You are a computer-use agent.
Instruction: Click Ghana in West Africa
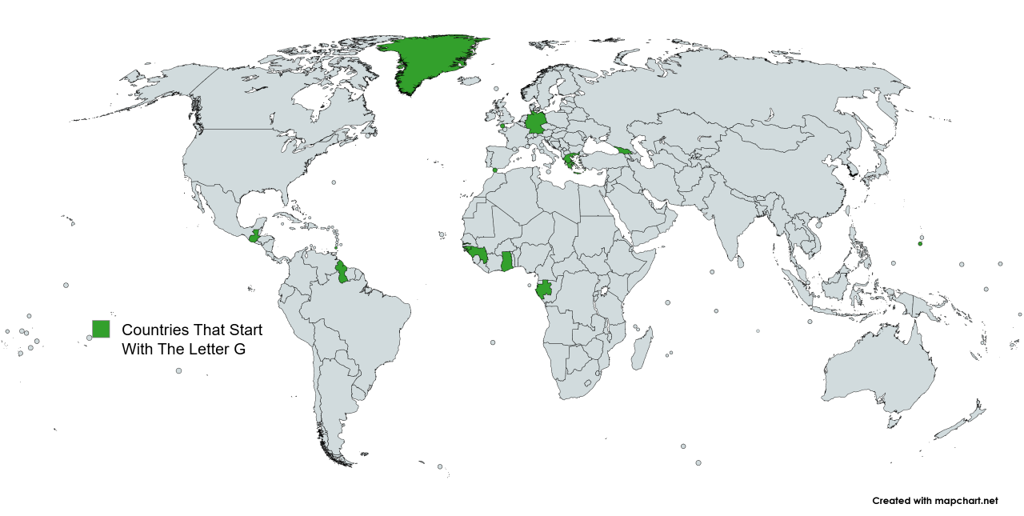[506, 262]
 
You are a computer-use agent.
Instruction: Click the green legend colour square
[101, 329]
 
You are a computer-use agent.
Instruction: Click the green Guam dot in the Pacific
[920, 244]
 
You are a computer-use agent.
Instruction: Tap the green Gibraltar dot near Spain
[495, 170]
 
